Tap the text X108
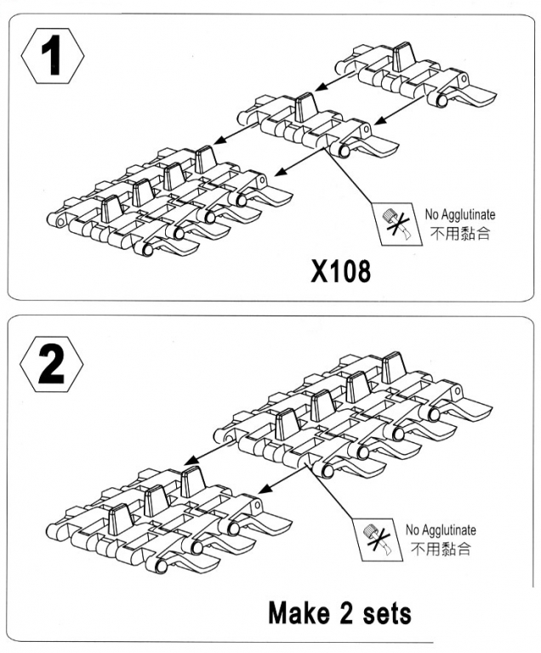[339, 271]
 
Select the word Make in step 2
[305, 612]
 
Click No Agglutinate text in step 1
[459, 215]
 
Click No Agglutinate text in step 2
[441, 531]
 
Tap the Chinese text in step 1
[459, 233]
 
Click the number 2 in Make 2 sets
[355, 612]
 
